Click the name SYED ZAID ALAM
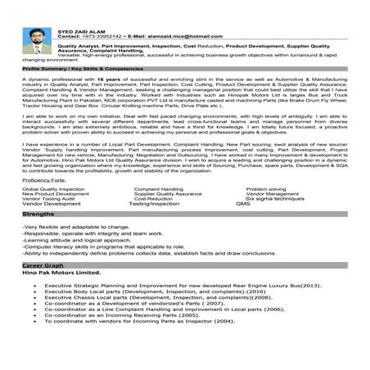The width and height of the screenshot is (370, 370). coord(79,29)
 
